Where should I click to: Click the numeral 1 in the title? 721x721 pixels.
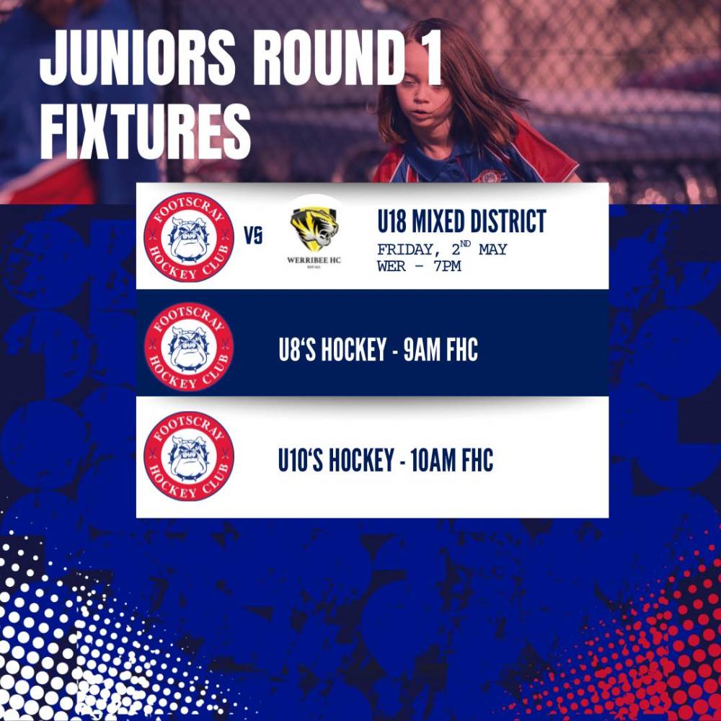431,58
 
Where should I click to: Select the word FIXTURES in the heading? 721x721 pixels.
145,131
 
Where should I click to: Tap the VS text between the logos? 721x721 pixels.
253,236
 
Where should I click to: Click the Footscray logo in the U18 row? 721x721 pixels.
189,236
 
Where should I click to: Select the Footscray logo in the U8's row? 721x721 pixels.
189,347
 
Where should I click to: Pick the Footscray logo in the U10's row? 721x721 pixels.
189,456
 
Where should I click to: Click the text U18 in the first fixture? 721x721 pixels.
392,221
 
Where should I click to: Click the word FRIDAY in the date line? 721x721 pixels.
405,249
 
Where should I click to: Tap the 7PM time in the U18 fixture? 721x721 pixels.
447,266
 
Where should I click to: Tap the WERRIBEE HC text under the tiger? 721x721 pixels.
314,260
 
